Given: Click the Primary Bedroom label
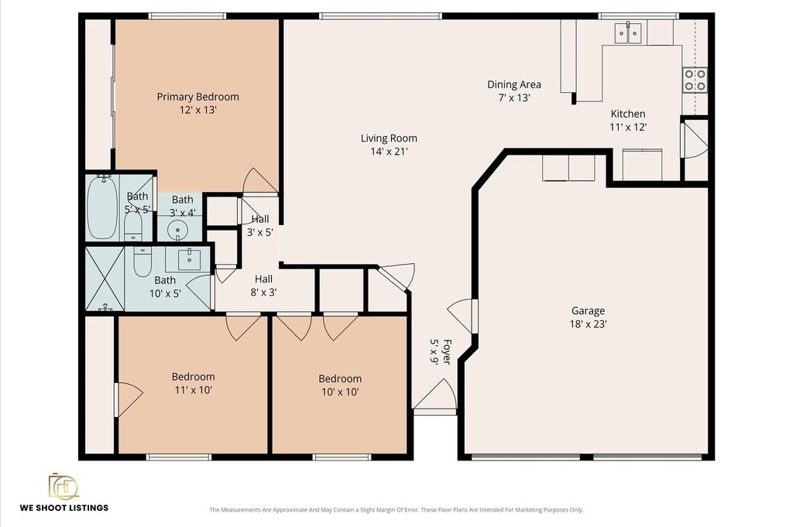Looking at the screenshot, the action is tap(197, 97).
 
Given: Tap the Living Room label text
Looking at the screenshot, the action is tap(389, 138).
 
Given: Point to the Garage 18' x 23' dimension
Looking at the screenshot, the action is tap(589, 324).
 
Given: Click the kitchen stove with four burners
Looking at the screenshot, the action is tap(695, 80).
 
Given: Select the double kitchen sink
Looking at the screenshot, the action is tap(628, 33).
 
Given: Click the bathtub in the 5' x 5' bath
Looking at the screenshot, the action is tap(102, 207).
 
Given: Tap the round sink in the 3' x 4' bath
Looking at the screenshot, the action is tap(177, 231).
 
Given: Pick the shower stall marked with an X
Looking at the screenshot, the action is tap(105, 279).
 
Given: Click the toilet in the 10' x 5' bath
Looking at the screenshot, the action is tap(142, 261).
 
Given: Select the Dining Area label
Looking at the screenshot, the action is tap(514, 84).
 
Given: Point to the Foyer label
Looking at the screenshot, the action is tap(447, 351).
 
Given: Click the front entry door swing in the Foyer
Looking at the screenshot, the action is tap(435, 395).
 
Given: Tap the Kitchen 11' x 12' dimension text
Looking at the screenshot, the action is tap(628, 127).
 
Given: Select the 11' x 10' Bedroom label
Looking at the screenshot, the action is tap(193, 376).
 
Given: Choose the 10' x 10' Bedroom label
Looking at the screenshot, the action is tap(340, 378).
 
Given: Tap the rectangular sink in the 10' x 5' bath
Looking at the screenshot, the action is tap(189, 259).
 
